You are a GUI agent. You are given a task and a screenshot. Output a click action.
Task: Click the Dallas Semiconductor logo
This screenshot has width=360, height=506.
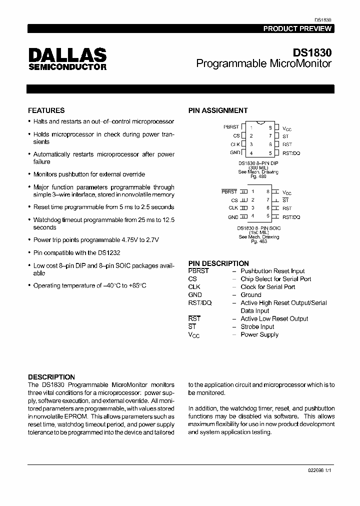[x=67, y=59]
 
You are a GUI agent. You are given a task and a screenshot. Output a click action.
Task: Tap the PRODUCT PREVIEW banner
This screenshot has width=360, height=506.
[x=297, y=28]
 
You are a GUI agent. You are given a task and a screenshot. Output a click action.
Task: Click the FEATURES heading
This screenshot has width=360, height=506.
[x=46, y=110]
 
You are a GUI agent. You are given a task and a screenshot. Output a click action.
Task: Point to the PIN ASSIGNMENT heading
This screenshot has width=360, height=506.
[x=217, y=110]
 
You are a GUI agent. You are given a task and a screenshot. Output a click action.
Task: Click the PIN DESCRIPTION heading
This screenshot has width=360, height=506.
[x=218, y=263]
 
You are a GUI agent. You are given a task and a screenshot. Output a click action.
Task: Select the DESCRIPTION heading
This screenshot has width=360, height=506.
[x=51, y=377]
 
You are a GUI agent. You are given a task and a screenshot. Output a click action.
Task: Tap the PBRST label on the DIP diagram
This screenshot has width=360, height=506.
[x=231, y=127]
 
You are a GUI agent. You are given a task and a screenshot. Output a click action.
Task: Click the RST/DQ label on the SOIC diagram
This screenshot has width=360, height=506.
[x=291, y=217]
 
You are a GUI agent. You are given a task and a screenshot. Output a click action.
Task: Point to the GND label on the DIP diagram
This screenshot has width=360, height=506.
[x=235, y=152]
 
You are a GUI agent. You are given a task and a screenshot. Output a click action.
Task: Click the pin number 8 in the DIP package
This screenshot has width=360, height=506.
[x=270, y=127]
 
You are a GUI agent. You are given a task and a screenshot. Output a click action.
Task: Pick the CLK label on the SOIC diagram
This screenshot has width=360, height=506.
[x=233, y=208]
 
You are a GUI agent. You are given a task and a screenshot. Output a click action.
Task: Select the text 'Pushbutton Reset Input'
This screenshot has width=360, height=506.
[x=272, y=271]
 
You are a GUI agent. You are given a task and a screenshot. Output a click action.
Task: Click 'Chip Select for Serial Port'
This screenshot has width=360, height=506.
[x=275, y=279]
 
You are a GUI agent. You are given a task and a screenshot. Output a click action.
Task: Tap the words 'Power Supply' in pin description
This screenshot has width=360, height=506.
[x=259, y=334]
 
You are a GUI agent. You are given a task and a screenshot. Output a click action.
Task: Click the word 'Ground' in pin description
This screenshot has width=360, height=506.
[x=251, y=295]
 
